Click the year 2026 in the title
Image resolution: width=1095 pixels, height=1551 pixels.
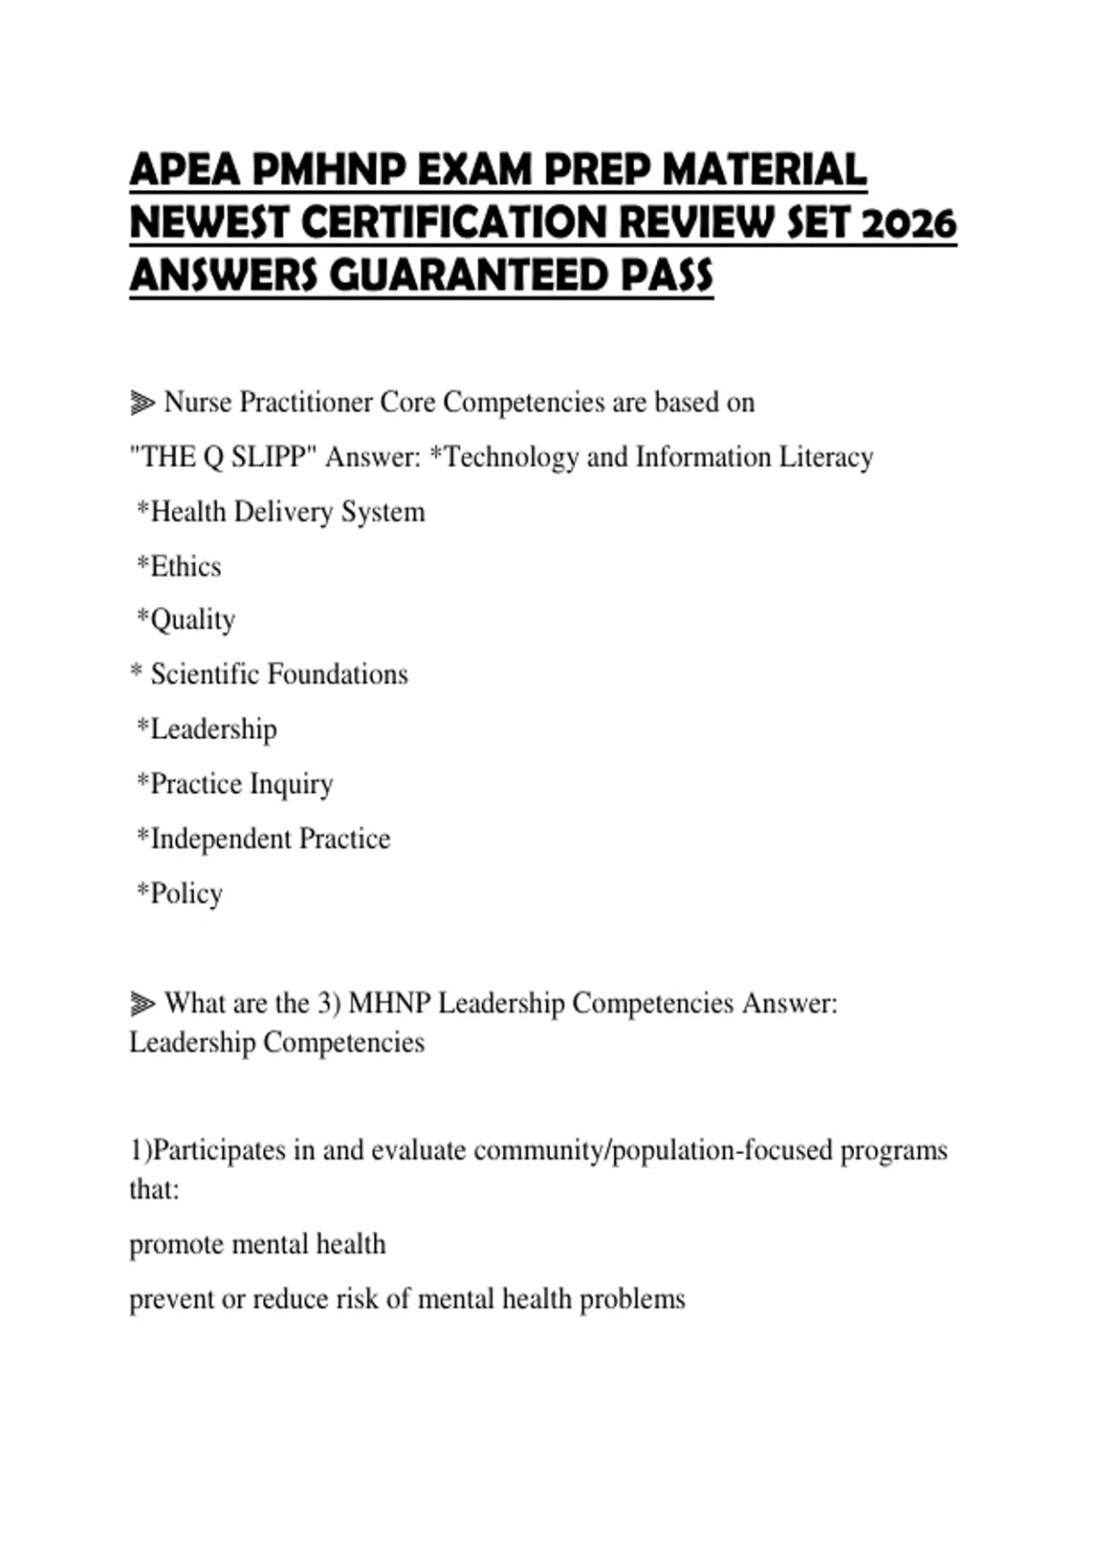tap(908, 223)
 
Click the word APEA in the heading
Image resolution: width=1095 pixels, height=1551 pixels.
tap(185, 170)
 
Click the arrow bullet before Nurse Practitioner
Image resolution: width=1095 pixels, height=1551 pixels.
tap(142, 402)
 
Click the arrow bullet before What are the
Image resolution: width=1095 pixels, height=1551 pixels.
tap(142, 1004)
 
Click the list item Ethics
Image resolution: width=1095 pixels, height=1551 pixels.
tap(185, 566)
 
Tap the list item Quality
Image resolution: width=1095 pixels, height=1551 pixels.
tap(193, 620)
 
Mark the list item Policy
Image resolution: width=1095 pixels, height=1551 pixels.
tap(186, 893)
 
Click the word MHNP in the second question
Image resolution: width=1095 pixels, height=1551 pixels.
tap(390, 1004)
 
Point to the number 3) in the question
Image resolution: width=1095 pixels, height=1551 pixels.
tap(328, 1004)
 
